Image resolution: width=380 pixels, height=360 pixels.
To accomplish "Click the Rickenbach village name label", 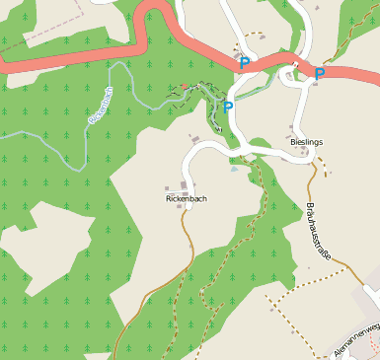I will tap(187, 198).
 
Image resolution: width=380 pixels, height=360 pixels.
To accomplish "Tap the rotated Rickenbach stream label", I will tap(101, 105).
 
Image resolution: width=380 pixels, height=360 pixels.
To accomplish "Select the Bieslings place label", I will tap(306, 142).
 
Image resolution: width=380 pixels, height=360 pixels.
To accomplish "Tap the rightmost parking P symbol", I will tap(320, 73).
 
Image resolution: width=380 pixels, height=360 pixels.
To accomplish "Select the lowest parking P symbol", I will tap(228, 107).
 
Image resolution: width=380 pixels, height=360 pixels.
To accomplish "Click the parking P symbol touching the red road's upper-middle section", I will tap(244, 63).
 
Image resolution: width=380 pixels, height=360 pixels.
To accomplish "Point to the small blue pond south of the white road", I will tap(233, 169).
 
